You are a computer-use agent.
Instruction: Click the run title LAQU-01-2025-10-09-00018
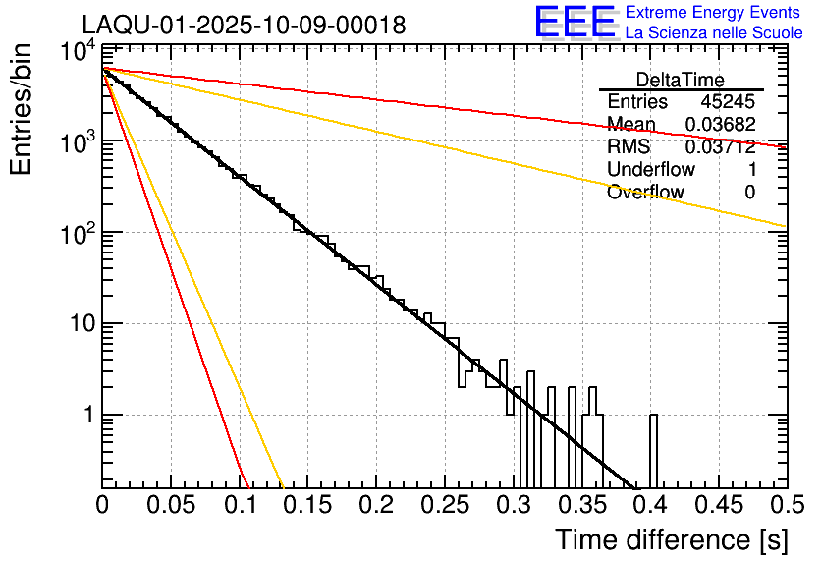pos(244,26)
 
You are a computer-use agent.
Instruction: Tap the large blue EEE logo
pos(575,23)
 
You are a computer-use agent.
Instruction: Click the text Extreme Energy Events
pos(713,13)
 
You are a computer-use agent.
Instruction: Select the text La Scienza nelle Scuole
pos(714,32)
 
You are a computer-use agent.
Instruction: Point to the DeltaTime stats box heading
pos(681,80)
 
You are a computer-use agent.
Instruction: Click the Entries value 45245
pos(728,102)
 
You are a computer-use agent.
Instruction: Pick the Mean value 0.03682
pos(721,125)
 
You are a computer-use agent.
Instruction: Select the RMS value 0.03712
pos(721,147)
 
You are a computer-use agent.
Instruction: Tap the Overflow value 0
pos(749,193)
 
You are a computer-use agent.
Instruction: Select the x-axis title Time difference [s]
pos(671,539)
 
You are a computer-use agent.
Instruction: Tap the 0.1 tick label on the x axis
pos(239,505)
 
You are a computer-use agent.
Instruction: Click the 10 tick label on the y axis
pos(81,324)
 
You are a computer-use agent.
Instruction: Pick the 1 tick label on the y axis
pos(87,415)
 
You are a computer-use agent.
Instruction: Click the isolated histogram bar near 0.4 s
pos(653,451)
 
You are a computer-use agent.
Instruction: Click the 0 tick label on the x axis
pos(102,505)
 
